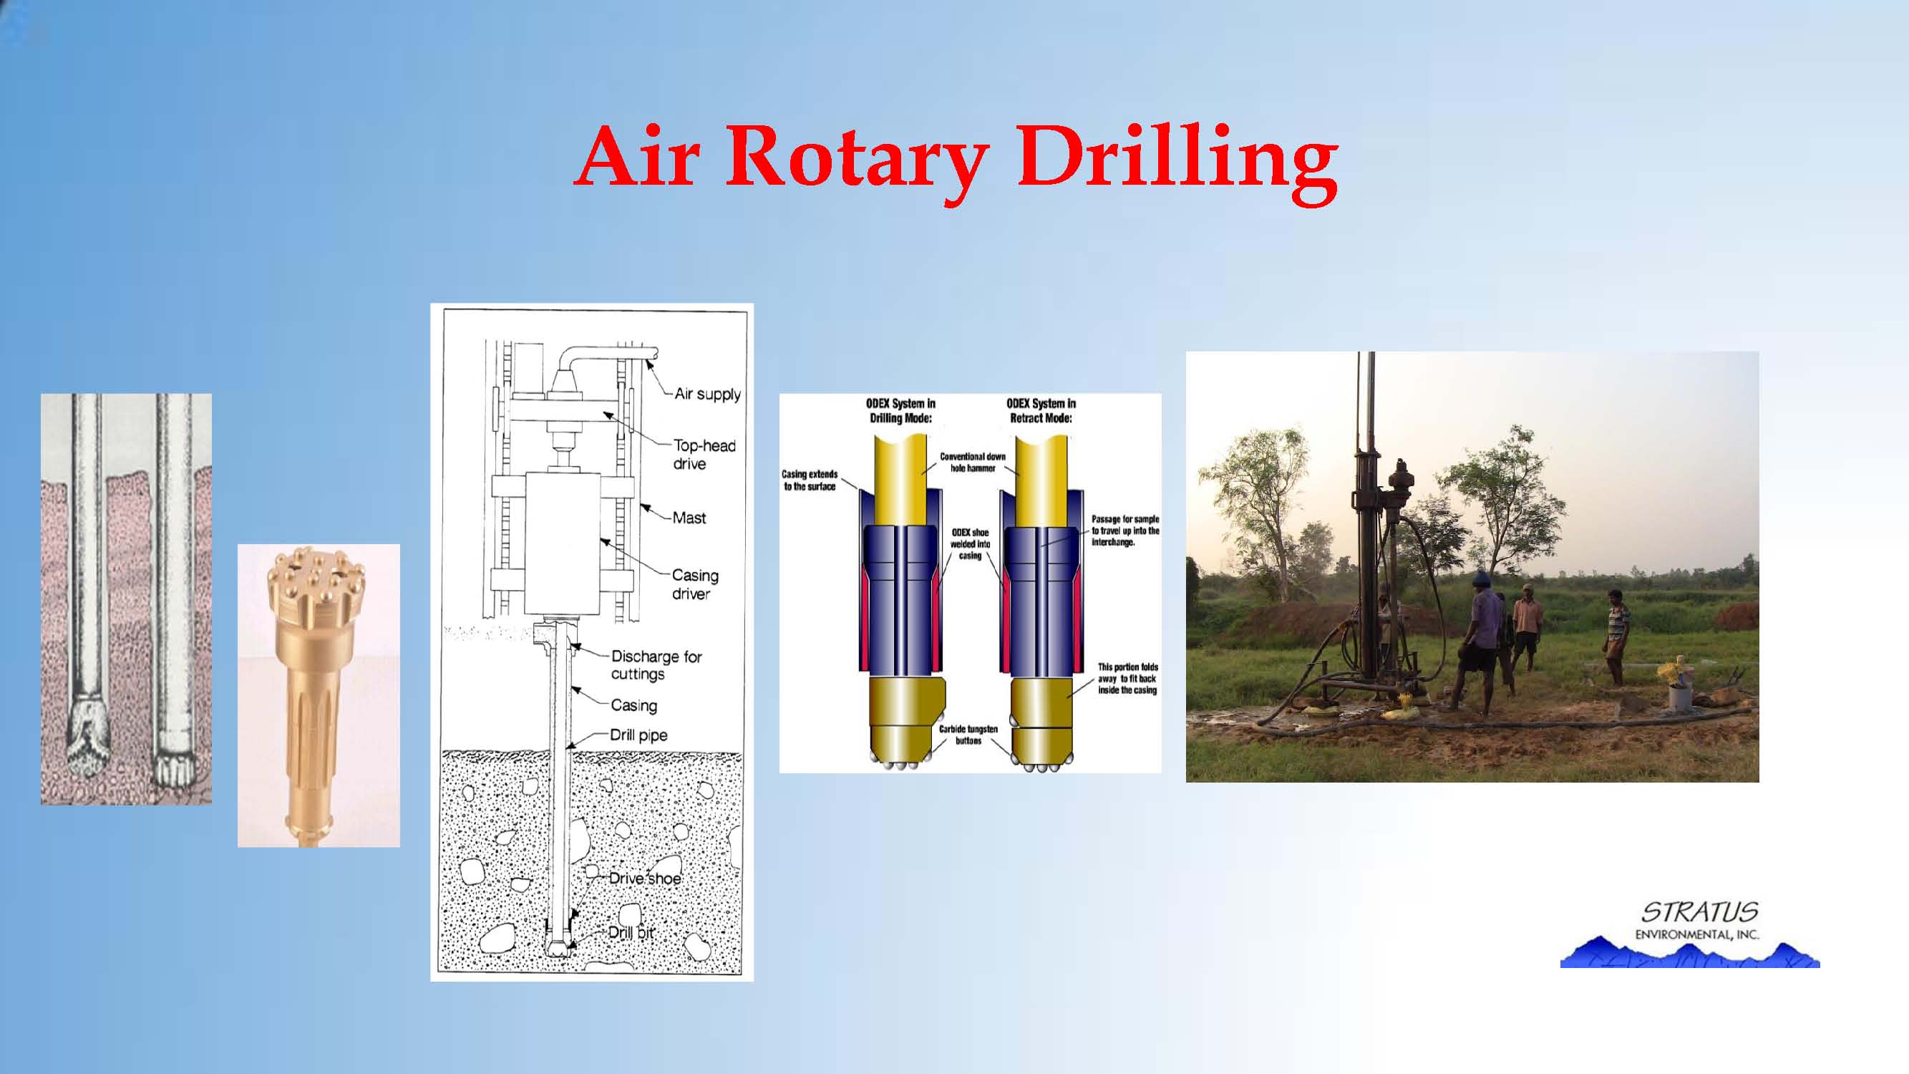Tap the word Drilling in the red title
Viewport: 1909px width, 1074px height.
point(1178,160)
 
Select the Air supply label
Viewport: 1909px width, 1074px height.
point(707,394)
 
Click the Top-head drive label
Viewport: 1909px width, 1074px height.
point(704,455)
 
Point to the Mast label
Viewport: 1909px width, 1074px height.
point(689,518)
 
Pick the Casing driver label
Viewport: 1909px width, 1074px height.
point(695,584)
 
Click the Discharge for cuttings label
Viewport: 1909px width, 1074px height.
point(656,665)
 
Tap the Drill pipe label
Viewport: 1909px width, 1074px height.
point(638,735)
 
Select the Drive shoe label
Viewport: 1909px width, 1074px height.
point(645,879)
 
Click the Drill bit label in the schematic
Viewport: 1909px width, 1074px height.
point(631,932)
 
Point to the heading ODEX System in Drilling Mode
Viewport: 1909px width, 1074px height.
point(900,410)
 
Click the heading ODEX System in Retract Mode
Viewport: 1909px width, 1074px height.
point(1041,410)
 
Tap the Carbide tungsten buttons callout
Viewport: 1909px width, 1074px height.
point(968,735)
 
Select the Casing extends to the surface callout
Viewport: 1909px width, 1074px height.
point(810,480)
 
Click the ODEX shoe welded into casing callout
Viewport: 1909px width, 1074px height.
point(970,544)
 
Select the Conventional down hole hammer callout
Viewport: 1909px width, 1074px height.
point(972,462)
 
